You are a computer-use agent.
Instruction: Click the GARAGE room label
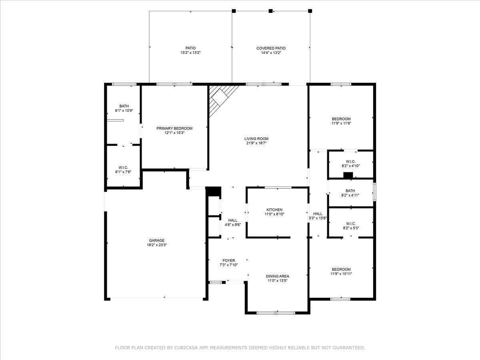coord(156,240)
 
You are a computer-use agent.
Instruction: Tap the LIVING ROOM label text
coord(256,138)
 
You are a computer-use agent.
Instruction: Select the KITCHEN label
coord(274,210)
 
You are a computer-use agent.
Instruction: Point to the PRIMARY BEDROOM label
coord(174,128)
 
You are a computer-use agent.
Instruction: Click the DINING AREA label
coord(277,276)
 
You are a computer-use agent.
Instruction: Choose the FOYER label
coord(228,260)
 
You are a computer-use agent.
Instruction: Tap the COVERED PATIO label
coord(271,48)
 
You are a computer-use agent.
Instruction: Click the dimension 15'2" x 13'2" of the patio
coord(190,53)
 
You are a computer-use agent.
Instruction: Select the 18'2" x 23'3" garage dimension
coord(157,245)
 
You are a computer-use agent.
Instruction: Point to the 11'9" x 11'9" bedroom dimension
coord(341,123)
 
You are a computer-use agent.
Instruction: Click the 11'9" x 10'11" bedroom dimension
coord(341,274)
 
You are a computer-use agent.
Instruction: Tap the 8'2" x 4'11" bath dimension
coord(350,196)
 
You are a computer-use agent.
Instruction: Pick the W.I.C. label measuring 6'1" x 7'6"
coord(123,168)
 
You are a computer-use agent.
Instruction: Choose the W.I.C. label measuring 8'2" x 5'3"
coord(351,224)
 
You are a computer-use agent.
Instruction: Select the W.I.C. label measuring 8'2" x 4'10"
coord(350,162)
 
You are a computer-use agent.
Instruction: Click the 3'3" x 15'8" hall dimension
coord(318,218)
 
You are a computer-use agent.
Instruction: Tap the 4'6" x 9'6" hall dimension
coord(233,225)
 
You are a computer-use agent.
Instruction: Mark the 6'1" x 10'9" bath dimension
coord(124,111)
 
